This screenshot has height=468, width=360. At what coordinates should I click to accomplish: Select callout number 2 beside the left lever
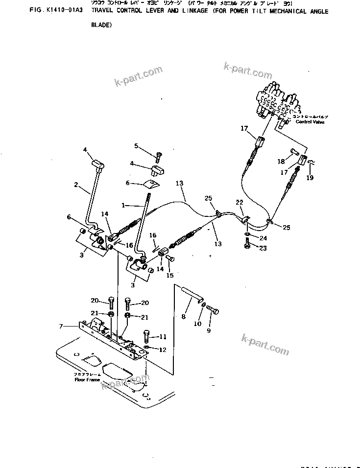[x=76, y=185]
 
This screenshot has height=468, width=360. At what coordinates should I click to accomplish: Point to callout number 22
[x=239, y=203]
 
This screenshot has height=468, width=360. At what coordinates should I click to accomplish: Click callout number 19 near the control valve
[x=310, y=178]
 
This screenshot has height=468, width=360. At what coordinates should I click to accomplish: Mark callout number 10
[x=197, y=324]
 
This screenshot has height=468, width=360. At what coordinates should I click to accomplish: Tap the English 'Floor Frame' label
[x=87, y=379]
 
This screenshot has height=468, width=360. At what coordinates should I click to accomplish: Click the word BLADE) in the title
[x=101, y=26]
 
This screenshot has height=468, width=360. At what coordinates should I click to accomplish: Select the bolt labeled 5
[x=159, y=157]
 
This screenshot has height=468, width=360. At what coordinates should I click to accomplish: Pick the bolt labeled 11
[x=146, y=338]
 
